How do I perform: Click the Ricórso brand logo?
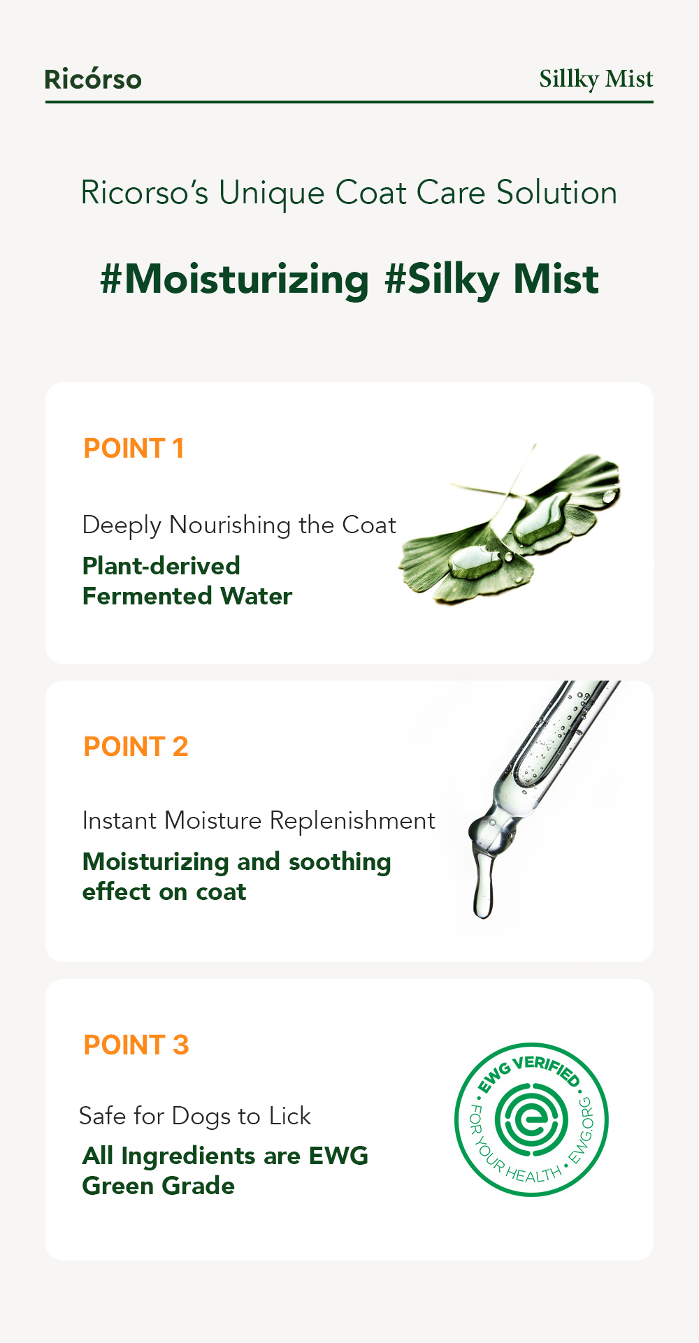pyautogui.click(x=93, y=79)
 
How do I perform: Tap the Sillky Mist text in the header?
pyautogui.click(x=596, y=79)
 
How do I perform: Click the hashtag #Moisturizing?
pyautogui.click(x=234, y=280)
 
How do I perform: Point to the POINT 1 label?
pyautogui.click(x=134, y=449)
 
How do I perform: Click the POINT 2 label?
pyautogui.click(x=136, y=747)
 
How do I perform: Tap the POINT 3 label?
pyautogui.click(x=136, y=1045)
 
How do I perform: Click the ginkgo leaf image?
pyautogui.click(x=510, y=523)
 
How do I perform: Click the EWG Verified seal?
pyautogui.click(x=531, y=1119)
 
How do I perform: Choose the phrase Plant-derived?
pyautogui.click(x=161, y=566)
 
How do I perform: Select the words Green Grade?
pyautogui.click(x=158, y=1186)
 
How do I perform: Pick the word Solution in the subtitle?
pyautogui.click(x=556, y=193)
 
